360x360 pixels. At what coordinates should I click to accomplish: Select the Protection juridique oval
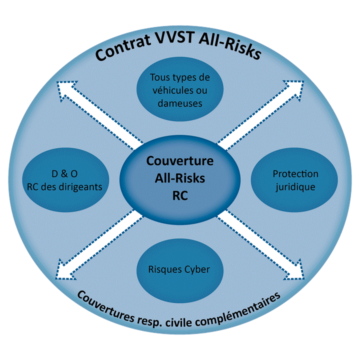(x=295, y=180)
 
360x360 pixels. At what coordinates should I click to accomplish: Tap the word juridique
(x=295, y=186)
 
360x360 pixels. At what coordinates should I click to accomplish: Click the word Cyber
(x=196, y=269)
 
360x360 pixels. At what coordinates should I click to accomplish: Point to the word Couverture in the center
(x=180, y=162)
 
